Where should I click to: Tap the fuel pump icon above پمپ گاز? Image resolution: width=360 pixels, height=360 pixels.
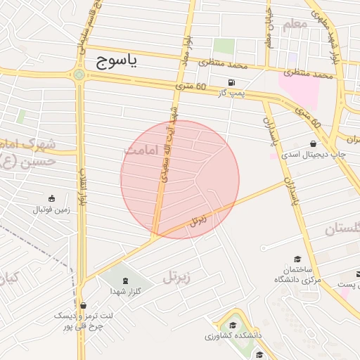coord(231,82)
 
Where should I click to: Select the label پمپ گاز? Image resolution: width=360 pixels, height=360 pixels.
coord(231,92)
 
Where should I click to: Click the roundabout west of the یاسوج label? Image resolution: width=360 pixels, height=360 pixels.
coord(79,74)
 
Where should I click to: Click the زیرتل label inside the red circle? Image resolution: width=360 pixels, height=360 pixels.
coord(199,220)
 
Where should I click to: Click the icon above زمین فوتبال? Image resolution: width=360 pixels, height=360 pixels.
coord(51,199)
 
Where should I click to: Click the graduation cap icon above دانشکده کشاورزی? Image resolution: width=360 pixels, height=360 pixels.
coord(233,325)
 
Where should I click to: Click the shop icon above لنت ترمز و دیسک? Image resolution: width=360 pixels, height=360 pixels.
coord(84,305)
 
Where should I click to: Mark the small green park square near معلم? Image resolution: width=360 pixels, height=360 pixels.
coord(224,46)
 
